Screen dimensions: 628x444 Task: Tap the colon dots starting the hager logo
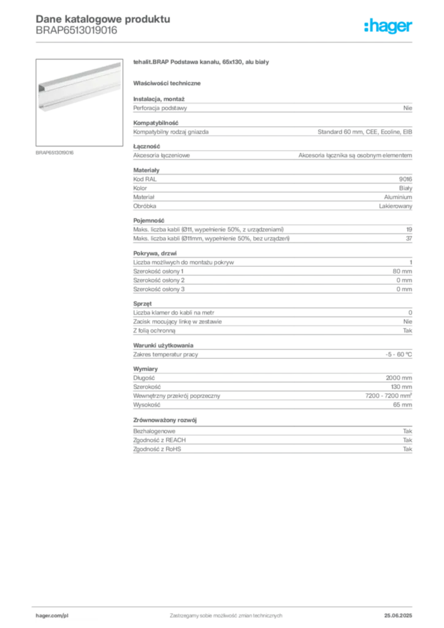[366, 26]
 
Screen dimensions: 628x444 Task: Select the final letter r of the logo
[412, 26]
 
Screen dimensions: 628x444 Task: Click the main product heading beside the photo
[199, 63]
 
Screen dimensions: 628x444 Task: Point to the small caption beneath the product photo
[56, 151]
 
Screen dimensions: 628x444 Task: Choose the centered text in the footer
[224, 612]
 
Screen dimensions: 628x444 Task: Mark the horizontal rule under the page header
[225, 41]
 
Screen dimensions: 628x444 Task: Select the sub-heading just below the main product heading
[169, 83]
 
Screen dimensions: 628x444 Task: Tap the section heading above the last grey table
[166, 420]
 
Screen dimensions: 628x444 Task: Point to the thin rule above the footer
[225, 605]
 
